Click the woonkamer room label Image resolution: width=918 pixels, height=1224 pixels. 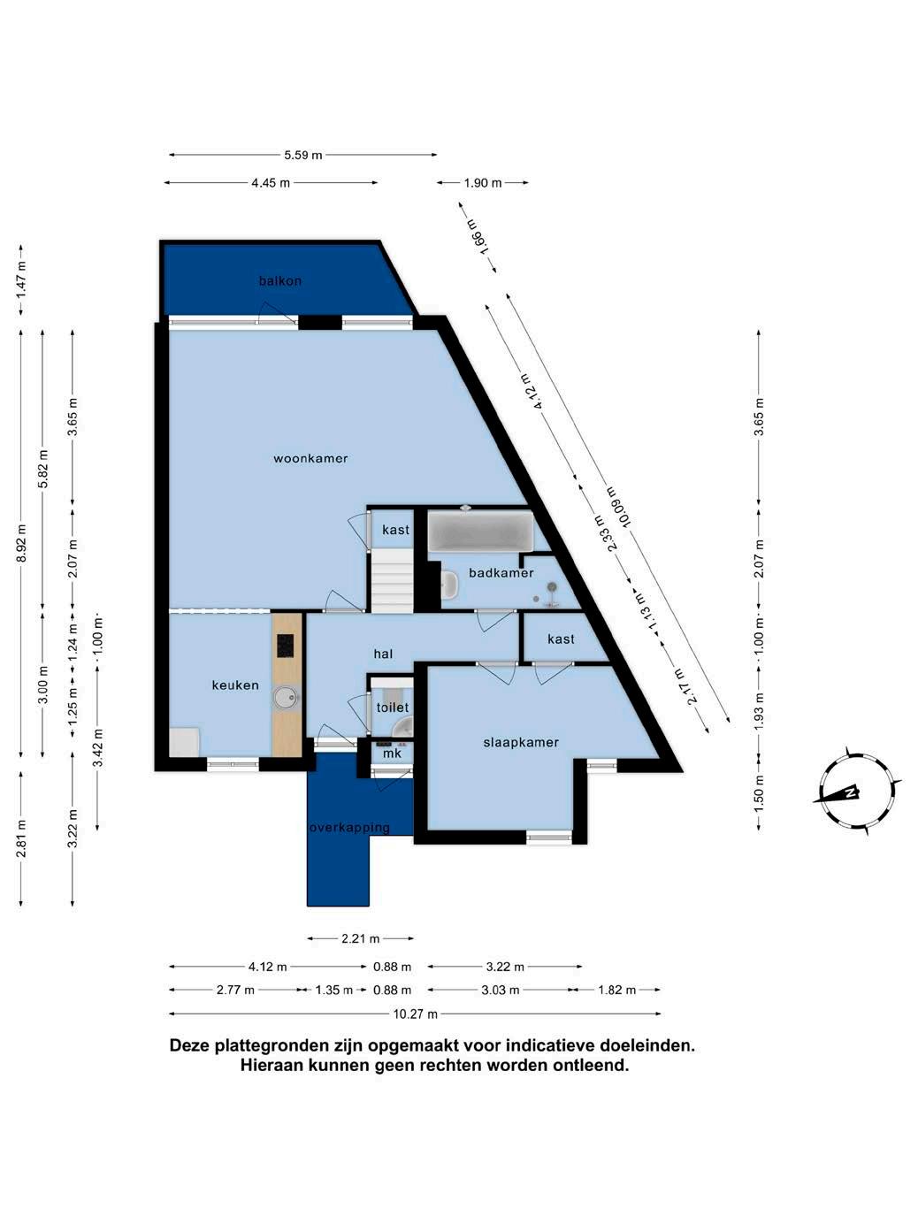310,458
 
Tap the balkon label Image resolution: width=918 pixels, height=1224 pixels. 279,281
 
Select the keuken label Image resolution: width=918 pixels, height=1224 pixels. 235,685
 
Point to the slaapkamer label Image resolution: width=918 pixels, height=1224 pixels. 521,743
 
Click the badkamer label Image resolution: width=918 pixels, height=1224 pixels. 501,573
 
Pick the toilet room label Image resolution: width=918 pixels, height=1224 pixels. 393,708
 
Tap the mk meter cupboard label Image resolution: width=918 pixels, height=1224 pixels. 393,754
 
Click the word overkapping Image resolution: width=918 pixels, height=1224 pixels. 349,828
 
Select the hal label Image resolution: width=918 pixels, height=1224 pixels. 383,654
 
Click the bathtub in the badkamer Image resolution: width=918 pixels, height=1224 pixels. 480,529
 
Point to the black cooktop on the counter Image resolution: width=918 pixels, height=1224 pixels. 286,646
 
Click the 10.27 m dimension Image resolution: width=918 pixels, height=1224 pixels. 416,1014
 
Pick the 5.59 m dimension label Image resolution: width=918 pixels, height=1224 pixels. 303,155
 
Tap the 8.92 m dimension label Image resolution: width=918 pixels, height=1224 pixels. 21,542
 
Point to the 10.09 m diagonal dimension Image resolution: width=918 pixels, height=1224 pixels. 619,508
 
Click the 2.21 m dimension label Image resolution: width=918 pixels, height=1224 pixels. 361,938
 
